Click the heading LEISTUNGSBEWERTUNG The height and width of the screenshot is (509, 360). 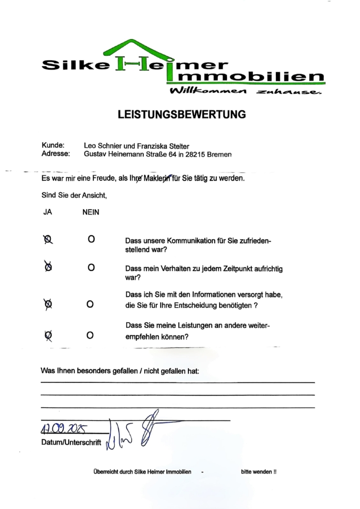(181, 115)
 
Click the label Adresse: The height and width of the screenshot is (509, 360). (55, 154)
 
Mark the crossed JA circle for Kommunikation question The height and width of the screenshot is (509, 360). (48, 240)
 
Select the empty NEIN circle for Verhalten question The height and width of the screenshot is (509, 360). (91, 268)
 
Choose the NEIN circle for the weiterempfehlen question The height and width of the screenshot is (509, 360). (90, 336)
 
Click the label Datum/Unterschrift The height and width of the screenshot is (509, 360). (71, 442)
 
